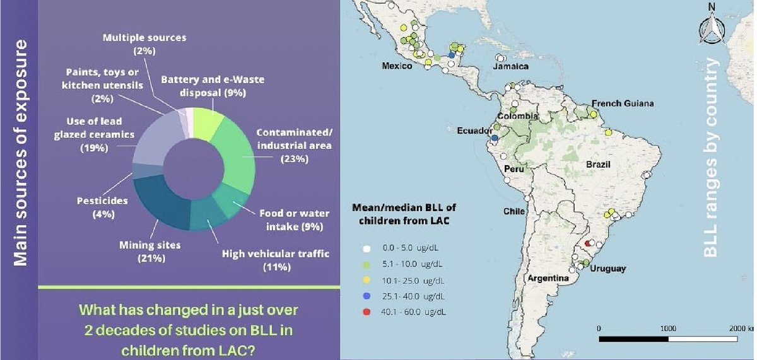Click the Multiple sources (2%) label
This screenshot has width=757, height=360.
click(144, 44)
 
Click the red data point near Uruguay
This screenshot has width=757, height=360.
click(588, 243)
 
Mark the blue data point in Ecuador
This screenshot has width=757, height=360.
click(495, 137)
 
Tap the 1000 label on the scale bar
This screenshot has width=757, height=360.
click(668, 329)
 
